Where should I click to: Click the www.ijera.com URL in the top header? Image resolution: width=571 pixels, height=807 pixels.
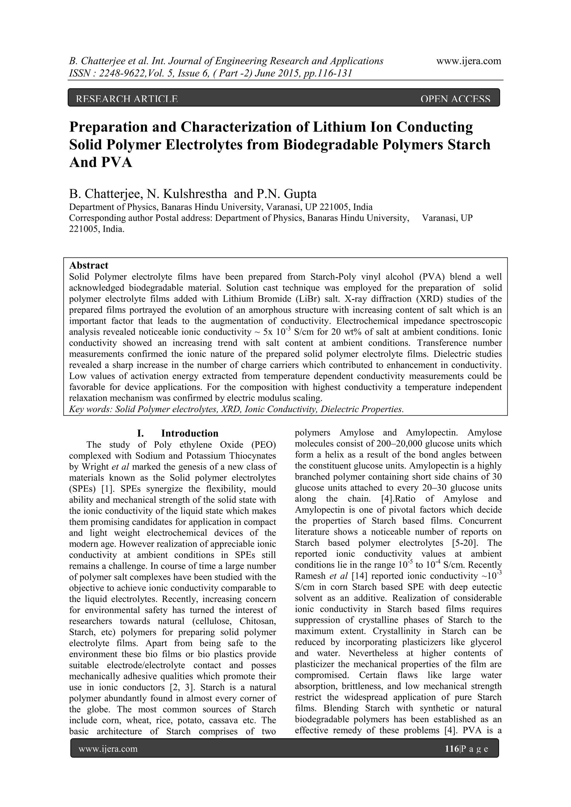pos(468,61)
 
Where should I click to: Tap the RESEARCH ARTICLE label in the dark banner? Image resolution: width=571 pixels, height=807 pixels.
pos(127,99)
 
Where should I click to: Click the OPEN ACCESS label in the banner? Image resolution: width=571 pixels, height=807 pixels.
pos(455,99)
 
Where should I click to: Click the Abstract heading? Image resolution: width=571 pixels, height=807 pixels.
pos(89,265)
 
